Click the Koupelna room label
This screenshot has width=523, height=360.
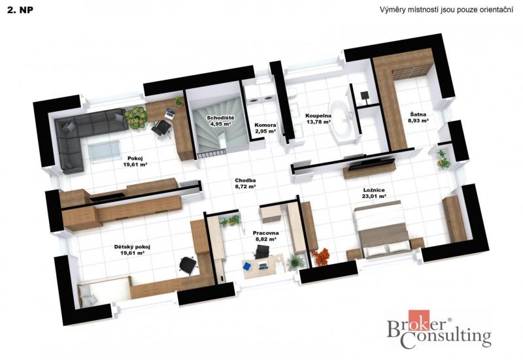318,119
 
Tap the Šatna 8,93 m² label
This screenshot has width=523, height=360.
418,118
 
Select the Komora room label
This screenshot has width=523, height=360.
265,128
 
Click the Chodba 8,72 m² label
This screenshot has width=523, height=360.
245,184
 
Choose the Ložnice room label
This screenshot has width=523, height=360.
374,193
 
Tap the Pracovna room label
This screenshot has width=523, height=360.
265,236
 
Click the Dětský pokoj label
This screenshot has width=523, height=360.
132,250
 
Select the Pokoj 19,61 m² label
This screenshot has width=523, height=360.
135,161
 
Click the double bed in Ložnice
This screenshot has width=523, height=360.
382,229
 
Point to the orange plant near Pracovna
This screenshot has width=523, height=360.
321,256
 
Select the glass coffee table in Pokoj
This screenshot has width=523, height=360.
105,151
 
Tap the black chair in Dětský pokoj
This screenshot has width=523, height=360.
188,265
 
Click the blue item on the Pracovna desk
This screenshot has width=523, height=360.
247,267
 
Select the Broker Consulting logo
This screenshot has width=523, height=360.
439,329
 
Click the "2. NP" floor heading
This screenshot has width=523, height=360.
20,10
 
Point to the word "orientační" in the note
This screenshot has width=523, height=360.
496,10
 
